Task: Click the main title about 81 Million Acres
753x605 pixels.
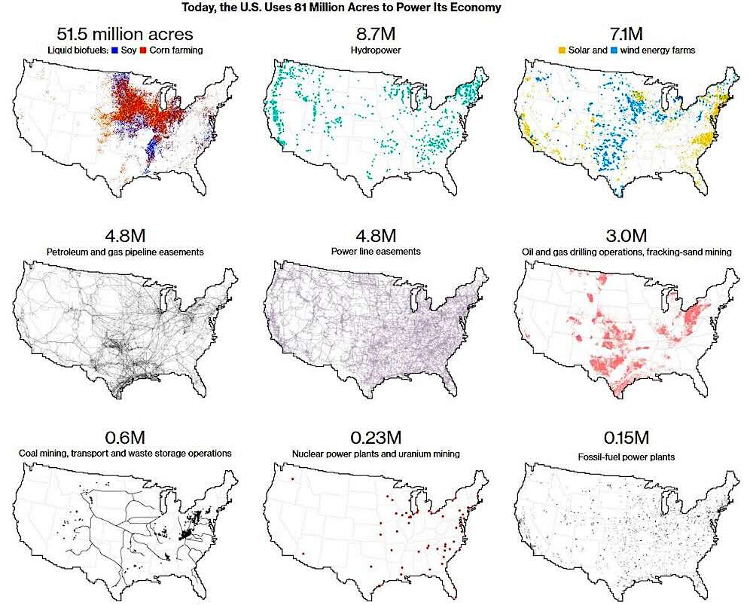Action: (341, 8)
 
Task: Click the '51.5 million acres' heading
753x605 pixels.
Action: (125, 34)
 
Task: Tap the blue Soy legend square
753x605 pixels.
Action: (114, 50)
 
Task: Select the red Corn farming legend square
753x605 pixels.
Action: (143, 50)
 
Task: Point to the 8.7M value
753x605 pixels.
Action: (376, 34)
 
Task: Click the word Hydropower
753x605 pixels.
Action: (376, 50)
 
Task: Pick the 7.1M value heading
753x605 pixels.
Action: (626, 34)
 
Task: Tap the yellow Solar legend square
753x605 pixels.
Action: (562, 50)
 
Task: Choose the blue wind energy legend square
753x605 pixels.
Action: (614, 50)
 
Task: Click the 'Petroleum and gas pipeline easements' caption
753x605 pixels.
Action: (125, 252)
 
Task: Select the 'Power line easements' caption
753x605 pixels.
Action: (376, 252)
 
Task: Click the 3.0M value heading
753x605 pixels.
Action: (626, 236)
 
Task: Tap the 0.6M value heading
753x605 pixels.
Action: (125, 437)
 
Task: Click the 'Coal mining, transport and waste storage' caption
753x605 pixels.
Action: (125, 453)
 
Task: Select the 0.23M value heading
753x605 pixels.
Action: (376, 437)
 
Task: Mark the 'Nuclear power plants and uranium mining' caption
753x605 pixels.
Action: (376, 454)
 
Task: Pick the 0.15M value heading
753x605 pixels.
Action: (626, 437)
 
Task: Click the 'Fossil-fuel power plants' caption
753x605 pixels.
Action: (626, 457)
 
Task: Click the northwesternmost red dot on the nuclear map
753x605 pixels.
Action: (292, 479)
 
